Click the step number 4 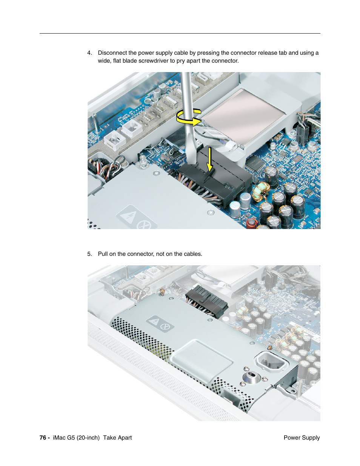click(89, 53)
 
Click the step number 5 click(89, 254)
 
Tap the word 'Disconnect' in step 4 click(112, 53)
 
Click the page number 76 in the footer click(43, 438)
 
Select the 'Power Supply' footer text click(302, 438)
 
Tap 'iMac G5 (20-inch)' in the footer click(76, 438)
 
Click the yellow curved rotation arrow click(189, 117)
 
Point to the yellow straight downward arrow click(209, 159)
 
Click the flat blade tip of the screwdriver click(192, 158)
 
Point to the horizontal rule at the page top click(180, 34)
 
